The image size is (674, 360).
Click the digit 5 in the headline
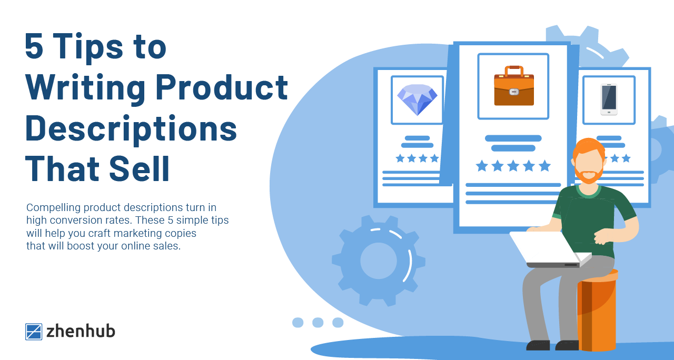tap(34, 46)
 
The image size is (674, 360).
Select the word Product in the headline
tap(222, 87)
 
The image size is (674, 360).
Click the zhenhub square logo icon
tap(34, 332)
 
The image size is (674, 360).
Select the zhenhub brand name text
tap(81, 331)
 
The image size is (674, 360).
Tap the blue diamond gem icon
tap(417, 100)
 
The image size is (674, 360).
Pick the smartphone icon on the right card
tap(609, 99)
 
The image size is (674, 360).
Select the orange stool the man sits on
tap(597, 311)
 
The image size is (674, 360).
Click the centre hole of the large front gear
tap(379, 261)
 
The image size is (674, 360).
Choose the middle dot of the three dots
tap(318, 323)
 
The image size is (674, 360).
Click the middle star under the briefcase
tap(513, 166)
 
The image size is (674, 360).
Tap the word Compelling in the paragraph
tap(53, 208)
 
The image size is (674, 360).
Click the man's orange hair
tap(588, 148)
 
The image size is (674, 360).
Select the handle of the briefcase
tap(514, 71)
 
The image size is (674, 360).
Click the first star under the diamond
tap(400, 158)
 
